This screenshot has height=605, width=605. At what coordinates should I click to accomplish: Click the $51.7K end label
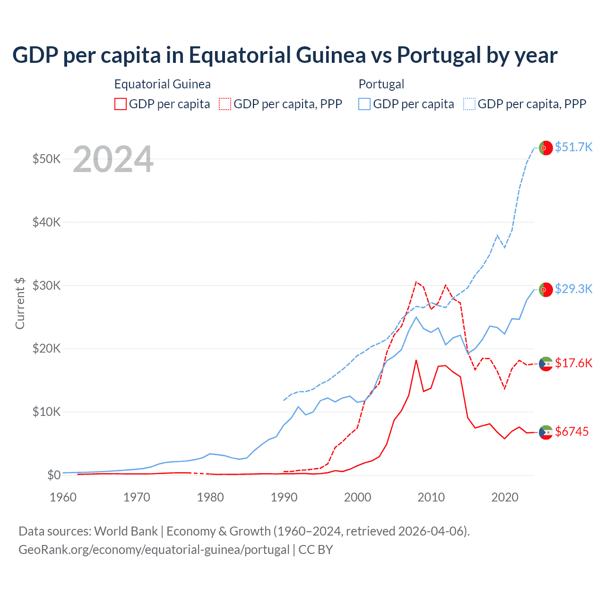[x=573, y=147]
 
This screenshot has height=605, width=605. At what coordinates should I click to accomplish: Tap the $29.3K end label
[x=573, y=289]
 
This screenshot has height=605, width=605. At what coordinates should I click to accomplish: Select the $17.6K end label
[x=573, y=363]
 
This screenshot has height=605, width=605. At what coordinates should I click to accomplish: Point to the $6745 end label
[x=571, y=432]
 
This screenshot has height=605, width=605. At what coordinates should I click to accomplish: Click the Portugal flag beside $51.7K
[x=546, y=148]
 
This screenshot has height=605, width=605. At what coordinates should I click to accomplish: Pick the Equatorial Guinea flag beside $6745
[x=546, y=432]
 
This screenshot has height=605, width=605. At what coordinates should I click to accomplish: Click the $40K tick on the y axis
[x=46, y=222]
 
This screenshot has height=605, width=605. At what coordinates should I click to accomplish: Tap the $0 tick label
[x=54, y=475]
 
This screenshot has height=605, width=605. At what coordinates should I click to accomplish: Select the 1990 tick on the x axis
[x=284, y=497]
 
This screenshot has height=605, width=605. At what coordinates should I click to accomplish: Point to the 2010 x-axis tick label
[x=431, y=497]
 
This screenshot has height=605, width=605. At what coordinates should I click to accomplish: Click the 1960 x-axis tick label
[x=63, y=497]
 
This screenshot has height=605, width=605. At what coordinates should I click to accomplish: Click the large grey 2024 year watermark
[x=113, y=160]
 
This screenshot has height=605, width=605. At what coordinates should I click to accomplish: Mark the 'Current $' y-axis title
[x=20, y=303]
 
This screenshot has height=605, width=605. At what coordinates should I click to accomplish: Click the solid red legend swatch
[x=121, y=104]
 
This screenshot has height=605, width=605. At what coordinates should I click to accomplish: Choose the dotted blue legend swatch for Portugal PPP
[x=469, y=104]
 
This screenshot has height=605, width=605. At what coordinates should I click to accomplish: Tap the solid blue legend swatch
[x=364, y=104]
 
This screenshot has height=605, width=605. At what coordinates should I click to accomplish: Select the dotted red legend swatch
[x=225, y=104]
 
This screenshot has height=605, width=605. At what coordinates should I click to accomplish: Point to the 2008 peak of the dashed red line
[x=416, y=282]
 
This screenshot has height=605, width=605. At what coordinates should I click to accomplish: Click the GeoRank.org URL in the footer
[x=154, y=550]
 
